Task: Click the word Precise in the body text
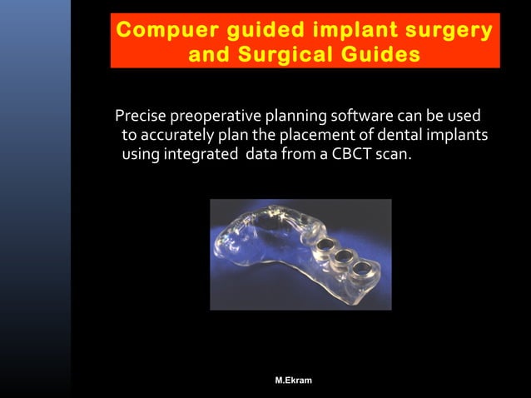pyautogui.click(x=141, y=115)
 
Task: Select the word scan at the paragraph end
pyautogui.click(x=395, y=153)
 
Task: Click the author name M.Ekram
pyautogui.click(x=295, y=381)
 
